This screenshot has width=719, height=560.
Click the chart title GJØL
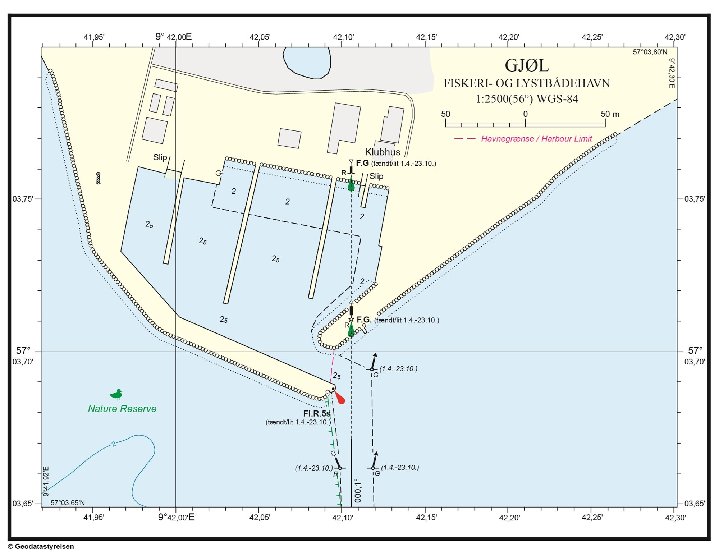tap(527, 65)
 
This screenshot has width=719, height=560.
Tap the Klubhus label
tap(383, 152)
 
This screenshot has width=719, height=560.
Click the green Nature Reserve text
tap(122, 409)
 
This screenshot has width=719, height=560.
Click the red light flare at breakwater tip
tap(339, 398)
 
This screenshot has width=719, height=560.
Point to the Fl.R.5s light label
tap(317, 414)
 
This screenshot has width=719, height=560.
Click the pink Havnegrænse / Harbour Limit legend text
tap(536, 139)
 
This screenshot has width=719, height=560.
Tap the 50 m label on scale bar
tap(610, 114)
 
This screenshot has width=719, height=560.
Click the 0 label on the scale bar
tap(525, 114)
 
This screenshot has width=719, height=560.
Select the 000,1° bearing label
tap(358, 490)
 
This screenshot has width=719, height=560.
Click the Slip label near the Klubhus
tap(376, 176)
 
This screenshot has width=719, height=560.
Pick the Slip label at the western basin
tap(160, 157)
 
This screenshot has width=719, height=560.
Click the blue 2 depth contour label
tap(114, 444)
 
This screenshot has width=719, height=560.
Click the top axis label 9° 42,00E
tap(174, 37)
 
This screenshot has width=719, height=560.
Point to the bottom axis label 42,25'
tap(592, 518)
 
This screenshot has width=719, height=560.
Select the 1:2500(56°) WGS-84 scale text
tap(527, 99)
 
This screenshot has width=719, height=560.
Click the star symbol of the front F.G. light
tap(351, 320)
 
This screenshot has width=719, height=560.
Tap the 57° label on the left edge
tap(23, 350)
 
